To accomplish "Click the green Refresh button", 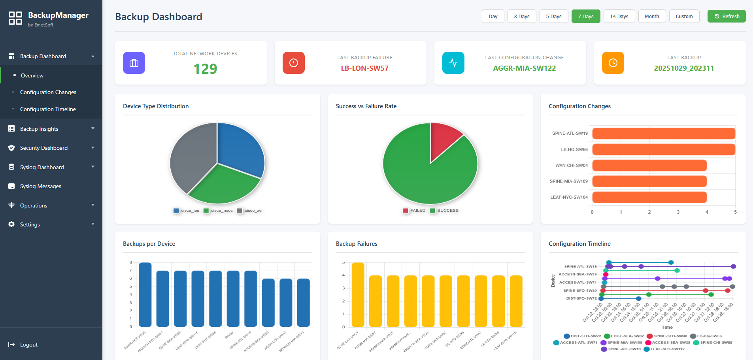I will pyautogui.click(x=726, y=16).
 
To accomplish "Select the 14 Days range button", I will pyautogui.click(x=619, y=16).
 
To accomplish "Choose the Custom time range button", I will pyautogui.click(x=684, y=16).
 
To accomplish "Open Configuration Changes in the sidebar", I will pyautogui.click(x=48, y=92).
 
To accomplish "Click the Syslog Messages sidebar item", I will pyautogui.click(x=40, y=186).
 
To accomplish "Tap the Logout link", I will pyautogui.click(x=28, y=345).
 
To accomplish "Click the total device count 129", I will pyautogui.click(x=205, y=69).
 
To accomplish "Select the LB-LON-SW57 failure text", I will pyautogui.click(x=364, y=68).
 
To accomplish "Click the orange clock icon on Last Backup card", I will pyautogui.click(x=613, y=63).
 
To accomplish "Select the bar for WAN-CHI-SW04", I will pyautogui.click(x=649, y=165).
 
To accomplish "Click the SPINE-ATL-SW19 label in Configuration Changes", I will pyautogui.click(x=570, y=134).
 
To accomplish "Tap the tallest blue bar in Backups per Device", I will pyautogui.click(x=145, y=294).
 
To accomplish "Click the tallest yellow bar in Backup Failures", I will pyautogui.click(x=358, y=294).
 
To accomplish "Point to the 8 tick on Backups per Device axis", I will pyautogui.click(x=130, y=262).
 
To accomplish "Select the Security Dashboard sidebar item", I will pyautogui.click(x=43, y=148).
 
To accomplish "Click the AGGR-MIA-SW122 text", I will pyautogui.click(x=524, y=68).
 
